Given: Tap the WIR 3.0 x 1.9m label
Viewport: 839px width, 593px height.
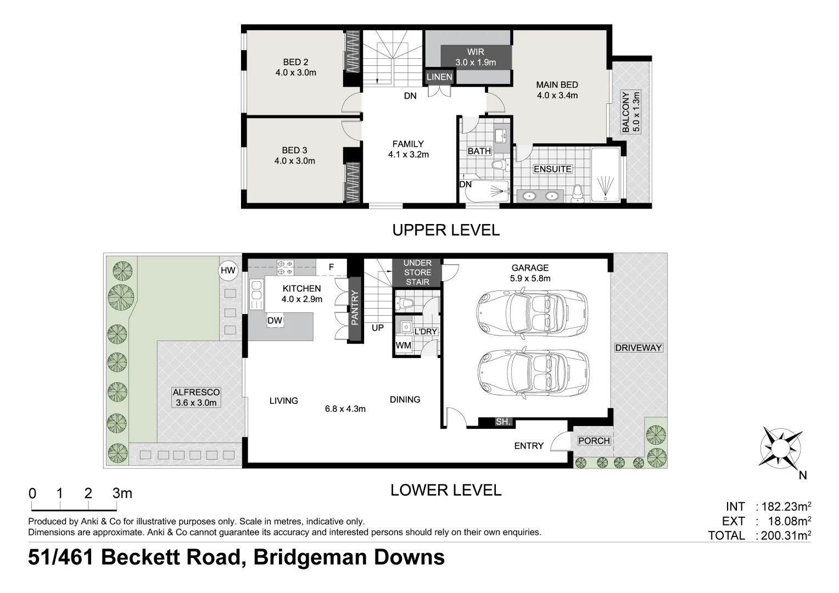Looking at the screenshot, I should [476, 57].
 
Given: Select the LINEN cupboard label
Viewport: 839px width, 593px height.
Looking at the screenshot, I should [439, 77].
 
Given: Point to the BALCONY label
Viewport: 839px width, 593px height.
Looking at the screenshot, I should [630, 112].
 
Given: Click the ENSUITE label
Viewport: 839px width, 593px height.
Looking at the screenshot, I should [552, 169].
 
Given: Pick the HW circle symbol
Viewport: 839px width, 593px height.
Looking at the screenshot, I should [227, 270].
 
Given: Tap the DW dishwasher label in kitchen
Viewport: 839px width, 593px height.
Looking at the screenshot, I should [275, 321].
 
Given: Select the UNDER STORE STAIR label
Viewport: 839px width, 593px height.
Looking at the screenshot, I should [417, 272].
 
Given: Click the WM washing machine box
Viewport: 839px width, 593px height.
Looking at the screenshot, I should [404, 345].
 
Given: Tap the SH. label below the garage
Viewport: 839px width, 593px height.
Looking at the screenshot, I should [503, 422].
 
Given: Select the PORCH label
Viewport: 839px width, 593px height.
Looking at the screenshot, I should [594, 440].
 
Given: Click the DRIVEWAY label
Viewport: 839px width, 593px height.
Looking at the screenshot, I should [639, 348].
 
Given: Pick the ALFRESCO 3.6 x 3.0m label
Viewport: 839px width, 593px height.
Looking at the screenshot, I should [196, 398].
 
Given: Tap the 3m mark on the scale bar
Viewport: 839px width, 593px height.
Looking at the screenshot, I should [122, 493].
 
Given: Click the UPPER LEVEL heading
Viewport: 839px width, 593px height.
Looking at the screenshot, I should [446, 230].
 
